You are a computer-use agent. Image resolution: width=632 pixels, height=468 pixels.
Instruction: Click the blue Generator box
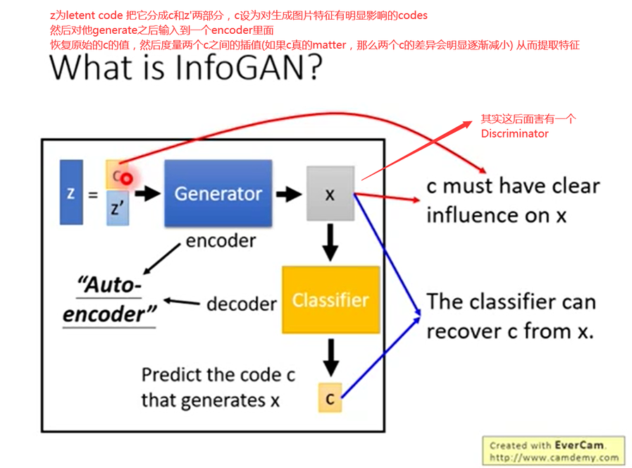point(218,193)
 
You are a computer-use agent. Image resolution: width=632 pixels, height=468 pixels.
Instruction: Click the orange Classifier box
point(330,300)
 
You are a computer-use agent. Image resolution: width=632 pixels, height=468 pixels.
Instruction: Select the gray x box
point(329,194)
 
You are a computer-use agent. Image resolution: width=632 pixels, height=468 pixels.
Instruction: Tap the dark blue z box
point(71,192)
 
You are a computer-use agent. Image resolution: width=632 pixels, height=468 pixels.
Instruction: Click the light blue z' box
point(118,209)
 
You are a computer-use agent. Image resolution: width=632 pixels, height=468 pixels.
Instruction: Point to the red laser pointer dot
point(126,179)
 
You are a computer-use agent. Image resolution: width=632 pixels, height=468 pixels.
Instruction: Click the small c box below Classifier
point(330,398)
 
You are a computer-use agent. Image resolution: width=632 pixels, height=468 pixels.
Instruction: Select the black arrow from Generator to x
point(289,194)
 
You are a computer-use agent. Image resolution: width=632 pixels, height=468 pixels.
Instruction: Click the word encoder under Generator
point(221,241)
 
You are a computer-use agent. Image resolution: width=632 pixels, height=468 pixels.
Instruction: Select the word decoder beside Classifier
point(241,304)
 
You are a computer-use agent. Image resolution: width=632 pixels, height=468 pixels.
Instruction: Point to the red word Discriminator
point(514,133)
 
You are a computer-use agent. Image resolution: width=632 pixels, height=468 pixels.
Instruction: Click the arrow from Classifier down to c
point(330,357)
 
